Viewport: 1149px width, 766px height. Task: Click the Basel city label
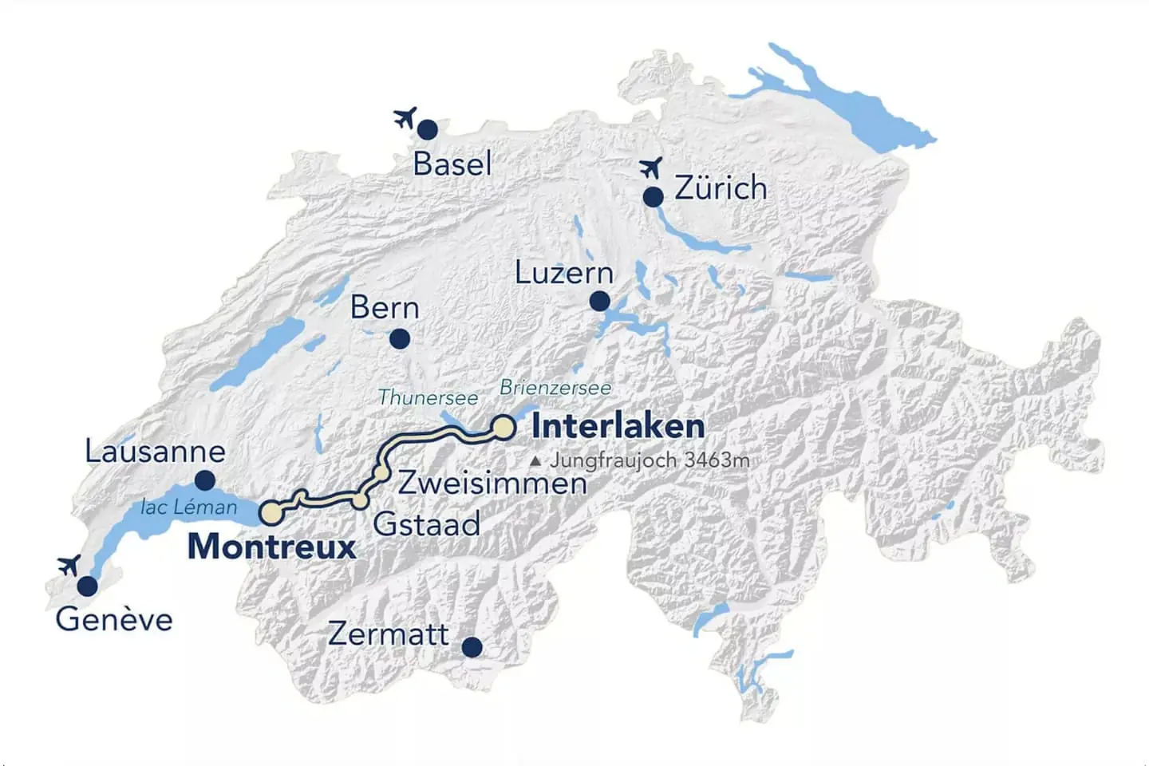click(x=452, y=164)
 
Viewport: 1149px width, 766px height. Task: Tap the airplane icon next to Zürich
click(x=651, y=168)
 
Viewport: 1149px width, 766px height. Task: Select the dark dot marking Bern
click(x=400, y=339)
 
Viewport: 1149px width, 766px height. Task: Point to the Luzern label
click(x=563, y=273)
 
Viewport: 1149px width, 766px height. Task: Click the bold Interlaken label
click(x=618, y=426)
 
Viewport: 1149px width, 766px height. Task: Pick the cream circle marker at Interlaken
click(x=503, y=428)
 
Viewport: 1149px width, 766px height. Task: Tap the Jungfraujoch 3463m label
click(x=649, y=460)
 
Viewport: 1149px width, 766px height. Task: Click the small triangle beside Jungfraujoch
click(x=535, y=461)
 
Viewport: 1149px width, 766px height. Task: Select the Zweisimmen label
click(x=492, y=483)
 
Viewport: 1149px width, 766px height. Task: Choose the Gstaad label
click(x=426, y=524)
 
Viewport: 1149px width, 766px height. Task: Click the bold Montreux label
click(x=271, y=547)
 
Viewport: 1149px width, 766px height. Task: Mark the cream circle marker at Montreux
click(x=272, y=512)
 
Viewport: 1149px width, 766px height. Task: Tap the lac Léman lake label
click(x=188, y=507)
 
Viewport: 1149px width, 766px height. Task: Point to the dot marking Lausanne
click(x=205, y=480)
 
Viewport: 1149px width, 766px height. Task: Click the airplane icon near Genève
click(x=69, y=566)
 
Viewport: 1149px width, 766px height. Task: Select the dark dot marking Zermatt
click(x=472, y=646)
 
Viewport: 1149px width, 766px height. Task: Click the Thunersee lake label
click(x=428, y=397)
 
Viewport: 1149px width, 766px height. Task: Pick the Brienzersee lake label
click(x=555, y=388)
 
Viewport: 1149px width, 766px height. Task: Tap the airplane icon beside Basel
click(x=405, y=118)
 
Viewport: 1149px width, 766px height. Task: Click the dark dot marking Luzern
click(x=600, y=302)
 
